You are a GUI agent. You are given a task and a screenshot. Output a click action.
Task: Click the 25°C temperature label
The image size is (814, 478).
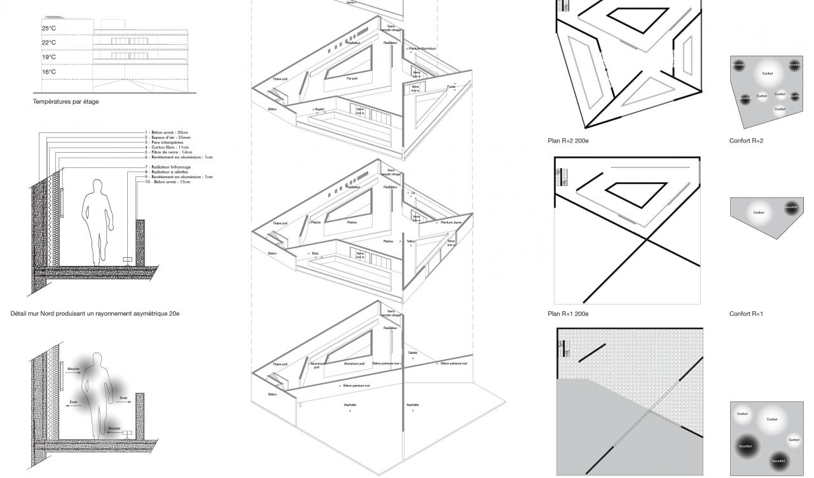click(x=49, y=29)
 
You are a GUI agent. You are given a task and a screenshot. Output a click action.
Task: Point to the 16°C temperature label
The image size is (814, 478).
click(x=49, y=72)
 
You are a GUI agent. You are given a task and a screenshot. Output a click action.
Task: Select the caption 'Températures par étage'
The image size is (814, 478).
click(x=66, y=101)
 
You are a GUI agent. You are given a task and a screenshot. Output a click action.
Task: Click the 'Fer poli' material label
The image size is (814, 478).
click(x=352, y=78)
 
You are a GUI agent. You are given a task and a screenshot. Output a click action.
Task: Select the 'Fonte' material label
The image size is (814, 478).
click(x=451, y=86)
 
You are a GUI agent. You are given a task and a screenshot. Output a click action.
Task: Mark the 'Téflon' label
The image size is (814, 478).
click(x=411, y=242)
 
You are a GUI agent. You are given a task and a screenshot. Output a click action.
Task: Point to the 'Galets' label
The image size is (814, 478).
click(x=412, y=352)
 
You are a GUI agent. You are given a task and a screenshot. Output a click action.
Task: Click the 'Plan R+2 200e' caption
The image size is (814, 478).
click(x=568, y=141)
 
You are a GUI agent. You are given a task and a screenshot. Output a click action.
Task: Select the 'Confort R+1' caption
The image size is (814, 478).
click(x=746, y=314)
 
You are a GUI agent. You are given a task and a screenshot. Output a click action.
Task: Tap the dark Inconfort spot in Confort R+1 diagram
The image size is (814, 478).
click(x=790, y=207)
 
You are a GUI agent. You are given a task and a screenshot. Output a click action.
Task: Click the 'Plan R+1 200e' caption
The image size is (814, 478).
click(x=568, y=314)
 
